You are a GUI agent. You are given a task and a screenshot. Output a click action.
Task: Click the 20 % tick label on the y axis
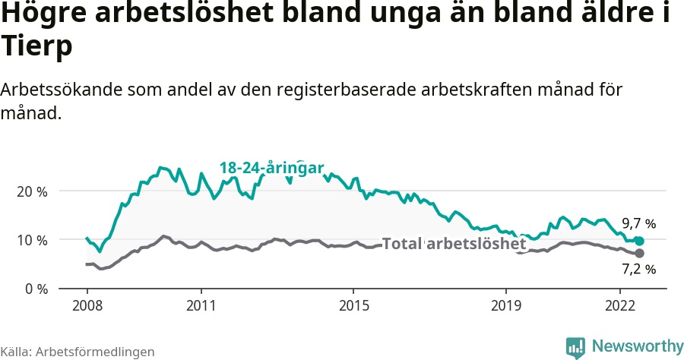tap(32, 191)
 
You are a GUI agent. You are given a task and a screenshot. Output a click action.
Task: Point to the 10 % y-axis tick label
tap(32, 240)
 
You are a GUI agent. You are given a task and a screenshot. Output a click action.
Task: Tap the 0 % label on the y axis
tap(35, 289)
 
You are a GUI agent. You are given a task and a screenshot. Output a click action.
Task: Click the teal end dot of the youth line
tap(639, 241)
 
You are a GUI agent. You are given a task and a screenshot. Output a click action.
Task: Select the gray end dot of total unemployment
tap(639, 253)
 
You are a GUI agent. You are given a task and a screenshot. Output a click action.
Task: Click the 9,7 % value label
tap(638, 224)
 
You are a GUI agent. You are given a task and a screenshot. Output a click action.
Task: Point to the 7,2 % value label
tap(638, 269)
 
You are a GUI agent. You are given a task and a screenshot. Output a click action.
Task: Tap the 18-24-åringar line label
tap(272, 168)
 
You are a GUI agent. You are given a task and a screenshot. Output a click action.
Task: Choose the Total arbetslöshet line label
tap(454, 244)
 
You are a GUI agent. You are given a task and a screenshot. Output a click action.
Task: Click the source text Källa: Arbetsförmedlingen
tap(78, 352)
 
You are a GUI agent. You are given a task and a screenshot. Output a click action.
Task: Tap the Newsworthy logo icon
tap(575, 347)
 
